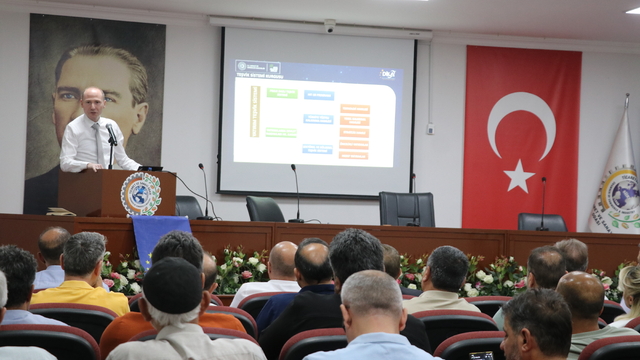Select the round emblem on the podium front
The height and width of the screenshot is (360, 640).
click(140, 194)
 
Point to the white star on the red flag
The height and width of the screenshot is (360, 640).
click(519, 176)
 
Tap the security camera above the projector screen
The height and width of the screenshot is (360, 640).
click(330, 25)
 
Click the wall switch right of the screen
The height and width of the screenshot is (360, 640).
click(430, 128)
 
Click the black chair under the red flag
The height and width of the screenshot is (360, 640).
click(541, 222)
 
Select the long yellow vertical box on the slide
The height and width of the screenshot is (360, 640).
click(255, 111)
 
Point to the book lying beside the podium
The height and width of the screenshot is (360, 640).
click(61, 211)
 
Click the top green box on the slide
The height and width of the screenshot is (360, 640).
click(282, 93)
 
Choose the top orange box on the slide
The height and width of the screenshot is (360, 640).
click(354, 108)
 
